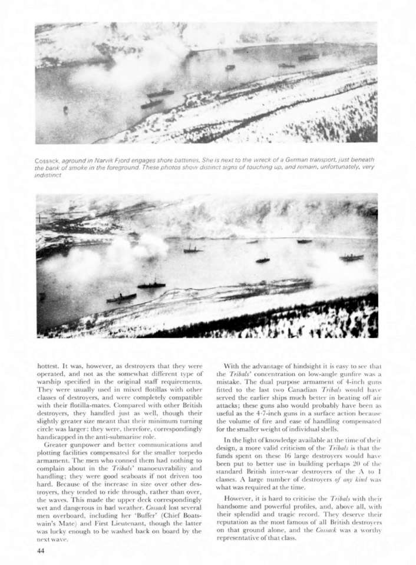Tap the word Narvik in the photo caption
click(x=104, y=160)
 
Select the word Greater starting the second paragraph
click(x=57, y=445)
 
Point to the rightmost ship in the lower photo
click(x=351, y=257)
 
